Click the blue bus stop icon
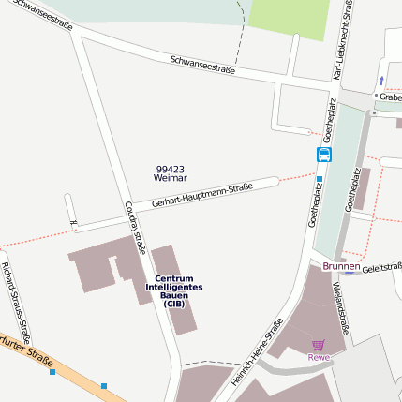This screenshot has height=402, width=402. click(x=324, y=155)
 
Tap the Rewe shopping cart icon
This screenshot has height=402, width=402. click(x=319, y=345)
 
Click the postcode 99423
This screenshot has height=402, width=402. click(x=171, y=168)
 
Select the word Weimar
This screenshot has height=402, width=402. click(x=171, y=177)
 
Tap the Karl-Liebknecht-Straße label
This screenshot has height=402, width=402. click(x=343, y=42)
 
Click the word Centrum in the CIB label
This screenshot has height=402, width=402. click(x=174, y=278)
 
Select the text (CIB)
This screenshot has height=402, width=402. click(x=173, y=304)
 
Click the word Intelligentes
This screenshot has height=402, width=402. click(x=174, y=287)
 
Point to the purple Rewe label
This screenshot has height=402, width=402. click(x=319, y=357)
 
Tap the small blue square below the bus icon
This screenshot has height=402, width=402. click(x=320, y=178)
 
